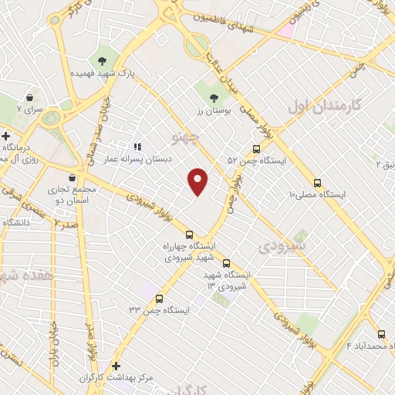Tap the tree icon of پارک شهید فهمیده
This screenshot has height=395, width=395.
point(102,60)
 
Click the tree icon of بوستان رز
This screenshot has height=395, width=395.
point(214,96)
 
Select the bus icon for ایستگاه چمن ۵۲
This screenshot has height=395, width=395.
point(256,150)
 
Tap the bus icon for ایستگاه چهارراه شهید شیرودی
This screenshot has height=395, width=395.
point(190,235)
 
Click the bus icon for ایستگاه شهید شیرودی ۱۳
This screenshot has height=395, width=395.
point(225,264)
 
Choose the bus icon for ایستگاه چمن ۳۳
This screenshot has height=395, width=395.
point(160,299)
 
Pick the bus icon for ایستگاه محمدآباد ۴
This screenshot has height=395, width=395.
point(382,334)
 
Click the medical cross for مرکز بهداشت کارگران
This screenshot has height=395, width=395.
point(116,366)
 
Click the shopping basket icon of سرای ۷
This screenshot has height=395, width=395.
point(29,98)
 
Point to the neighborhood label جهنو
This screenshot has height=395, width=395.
point(187,139)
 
